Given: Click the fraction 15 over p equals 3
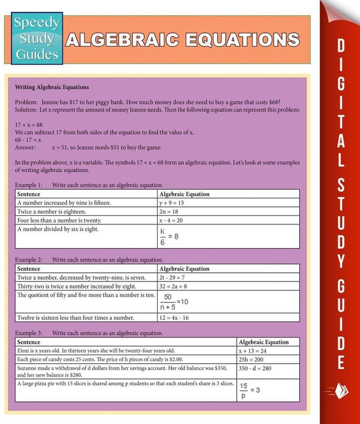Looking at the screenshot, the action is (250, 390).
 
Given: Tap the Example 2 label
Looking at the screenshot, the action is (29, 260).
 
